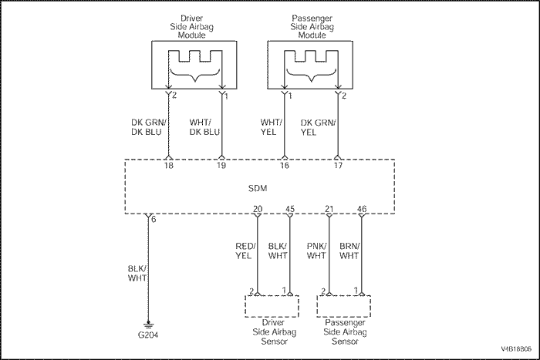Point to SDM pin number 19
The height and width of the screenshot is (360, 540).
221,166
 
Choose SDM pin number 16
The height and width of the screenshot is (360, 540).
284,166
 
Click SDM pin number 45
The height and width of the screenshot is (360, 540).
291,208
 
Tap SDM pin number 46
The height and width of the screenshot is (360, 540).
361,208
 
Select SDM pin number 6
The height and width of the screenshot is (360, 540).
154,219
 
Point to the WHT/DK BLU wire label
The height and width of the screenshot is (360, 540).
204,126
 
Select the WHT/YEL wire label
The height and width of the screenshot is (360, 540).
272,126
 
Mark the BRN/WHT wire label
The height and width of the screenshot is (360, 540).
349,251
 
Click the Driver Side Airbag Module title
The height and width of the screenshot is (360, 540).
195,26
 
